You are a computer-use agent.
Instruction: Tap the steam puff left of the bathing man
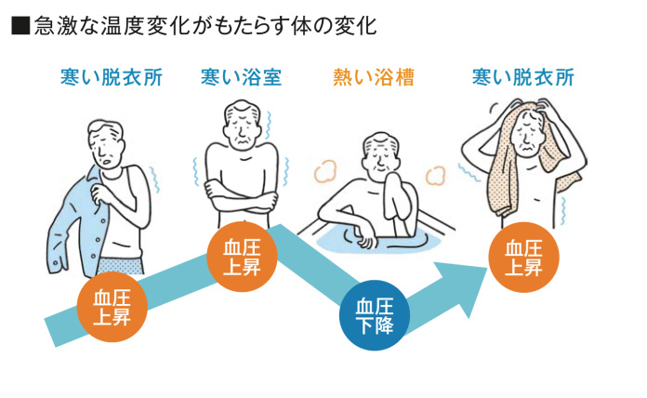(324, 170)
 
